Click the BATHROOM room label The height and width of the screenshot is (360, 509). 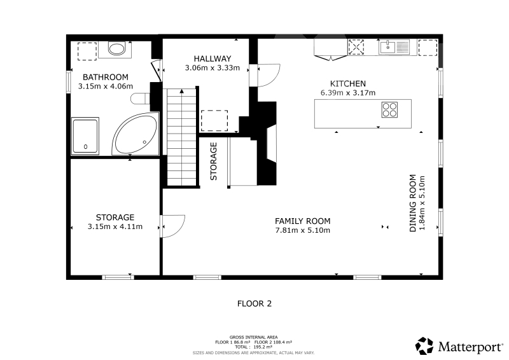pos(106,77)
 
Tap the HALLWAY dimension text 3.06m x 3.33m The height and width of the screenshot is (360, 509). pos(213,68)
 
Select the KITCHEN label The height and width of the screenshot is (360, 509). pos(348,84)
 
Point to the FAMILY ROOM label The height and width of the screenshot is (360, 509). pos(303,221)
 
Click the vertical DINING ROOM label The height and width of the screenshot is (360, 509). pos(412,203)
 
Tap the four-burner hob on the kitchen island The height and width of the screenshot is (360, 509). pos(389,110)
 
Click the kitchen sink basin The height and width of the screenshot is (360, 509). pos(387,47)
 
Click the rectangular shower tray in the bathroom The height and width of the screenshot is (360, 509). pos(85,135)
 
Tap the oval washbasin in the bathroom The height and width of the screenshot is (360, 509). pos(116,49)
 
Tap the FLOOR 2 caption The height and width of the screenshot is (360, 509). pos(254,304)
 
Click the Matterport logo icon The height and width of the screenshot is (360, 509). pos(424,346)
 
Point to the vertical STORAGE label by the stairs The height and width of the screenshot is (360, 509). pos(214,162)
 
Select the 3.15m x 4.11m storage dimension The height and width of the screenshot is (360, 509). pos(115,226)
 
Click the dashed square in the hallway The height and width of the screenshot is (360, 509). pos(214,121)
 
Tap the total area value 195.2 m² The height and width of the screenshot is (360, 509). pos(263,347)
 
